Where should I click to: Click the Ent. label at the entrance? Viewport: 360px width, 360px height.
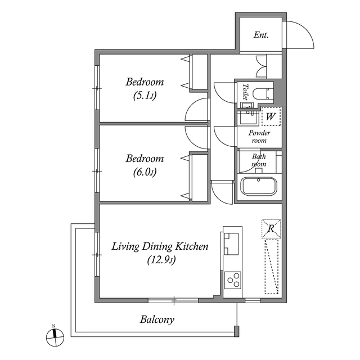(261, 35)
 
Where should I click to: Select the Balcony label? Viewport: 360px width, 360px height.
(157, 320)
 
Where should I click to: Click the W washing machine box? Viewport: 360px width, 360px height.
(271, 116)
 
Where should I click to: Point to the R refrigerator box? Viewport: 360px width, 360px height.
(271, 228)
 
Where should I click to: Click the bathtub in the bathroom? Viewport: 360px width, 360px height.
(258, 187)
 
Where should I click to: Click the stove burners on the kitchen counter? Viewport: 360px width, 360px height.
(233, 279)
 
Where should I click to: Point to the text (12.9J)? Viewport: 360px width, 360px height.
(160, 260)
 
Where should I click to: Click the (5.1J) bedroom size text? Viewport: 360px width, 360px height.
(145, 96)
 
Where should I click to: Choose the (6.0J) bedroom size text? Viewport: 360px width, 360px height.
(145, 172)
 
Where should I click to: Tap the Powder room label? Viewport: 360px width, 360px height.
(259, 137)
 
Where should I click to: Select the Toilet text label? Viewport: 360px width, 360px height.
(245, 91)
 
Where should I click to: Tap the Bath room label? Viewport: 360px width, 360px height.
(259, 160)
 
